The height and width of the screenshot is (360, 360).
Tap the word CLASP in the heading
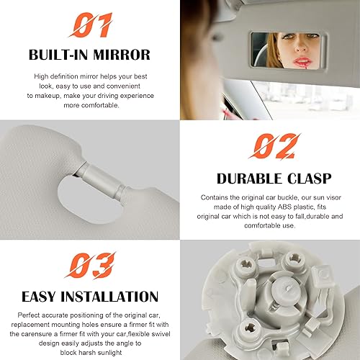coord(309,178)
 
